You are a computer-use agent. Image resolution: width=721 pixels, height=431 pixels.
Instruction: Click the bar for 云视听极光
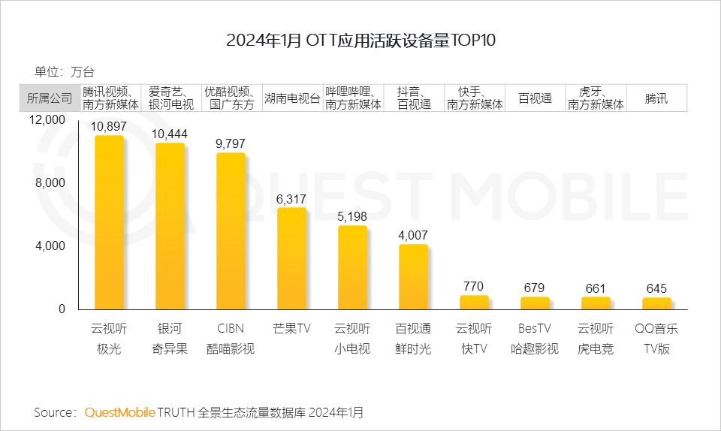point(109,222)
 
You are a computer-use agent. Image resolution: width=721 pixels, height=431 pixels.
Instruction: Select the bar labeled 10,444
point(170,226)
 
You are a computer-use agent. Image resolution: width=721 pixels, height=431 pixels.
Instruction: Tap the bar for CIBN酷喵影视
point(231,231)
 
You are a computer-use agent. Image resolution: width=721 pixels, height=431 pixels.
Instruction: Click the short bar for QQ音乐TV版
point(656,303)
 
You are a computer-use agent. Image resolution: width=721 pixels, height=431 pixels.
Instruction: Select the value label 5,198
point(352,217)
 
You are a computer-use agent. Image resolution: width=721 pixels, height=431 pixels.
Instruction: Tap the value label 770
point(474,286)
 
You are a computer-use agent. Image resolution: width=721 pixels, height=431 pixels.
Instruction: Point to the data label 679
point(535,288)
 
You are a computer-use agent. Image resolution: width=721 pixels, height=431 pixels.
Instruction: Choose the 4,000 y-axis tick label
point(51,246)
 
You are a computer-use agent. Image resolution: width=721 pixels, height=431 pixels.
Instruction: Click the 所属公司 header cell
point(50,98)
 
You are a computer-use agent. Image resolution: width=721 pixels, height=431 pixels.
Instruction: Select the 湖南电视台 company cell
point(292,98)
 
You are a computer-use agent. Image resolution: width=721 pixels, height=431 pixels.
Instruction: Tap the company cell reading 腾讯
point(656,98)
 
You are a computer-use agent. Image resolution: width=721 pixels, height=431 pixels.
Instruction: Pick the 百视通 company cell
point(535,98)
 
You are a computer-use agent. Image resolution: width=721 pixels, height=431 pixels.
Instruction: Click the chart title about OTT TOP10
point(360,40)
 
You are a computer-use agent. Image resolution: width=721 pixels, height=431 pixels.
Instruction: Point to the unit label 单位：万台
point(65,72)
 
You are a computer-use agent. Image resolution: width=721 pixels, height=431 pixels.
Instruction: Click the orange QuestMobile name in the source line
point(120,412)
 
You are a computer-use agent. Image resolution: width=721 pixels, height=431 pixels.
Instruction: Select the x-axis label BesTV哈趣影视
point(535,339)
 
